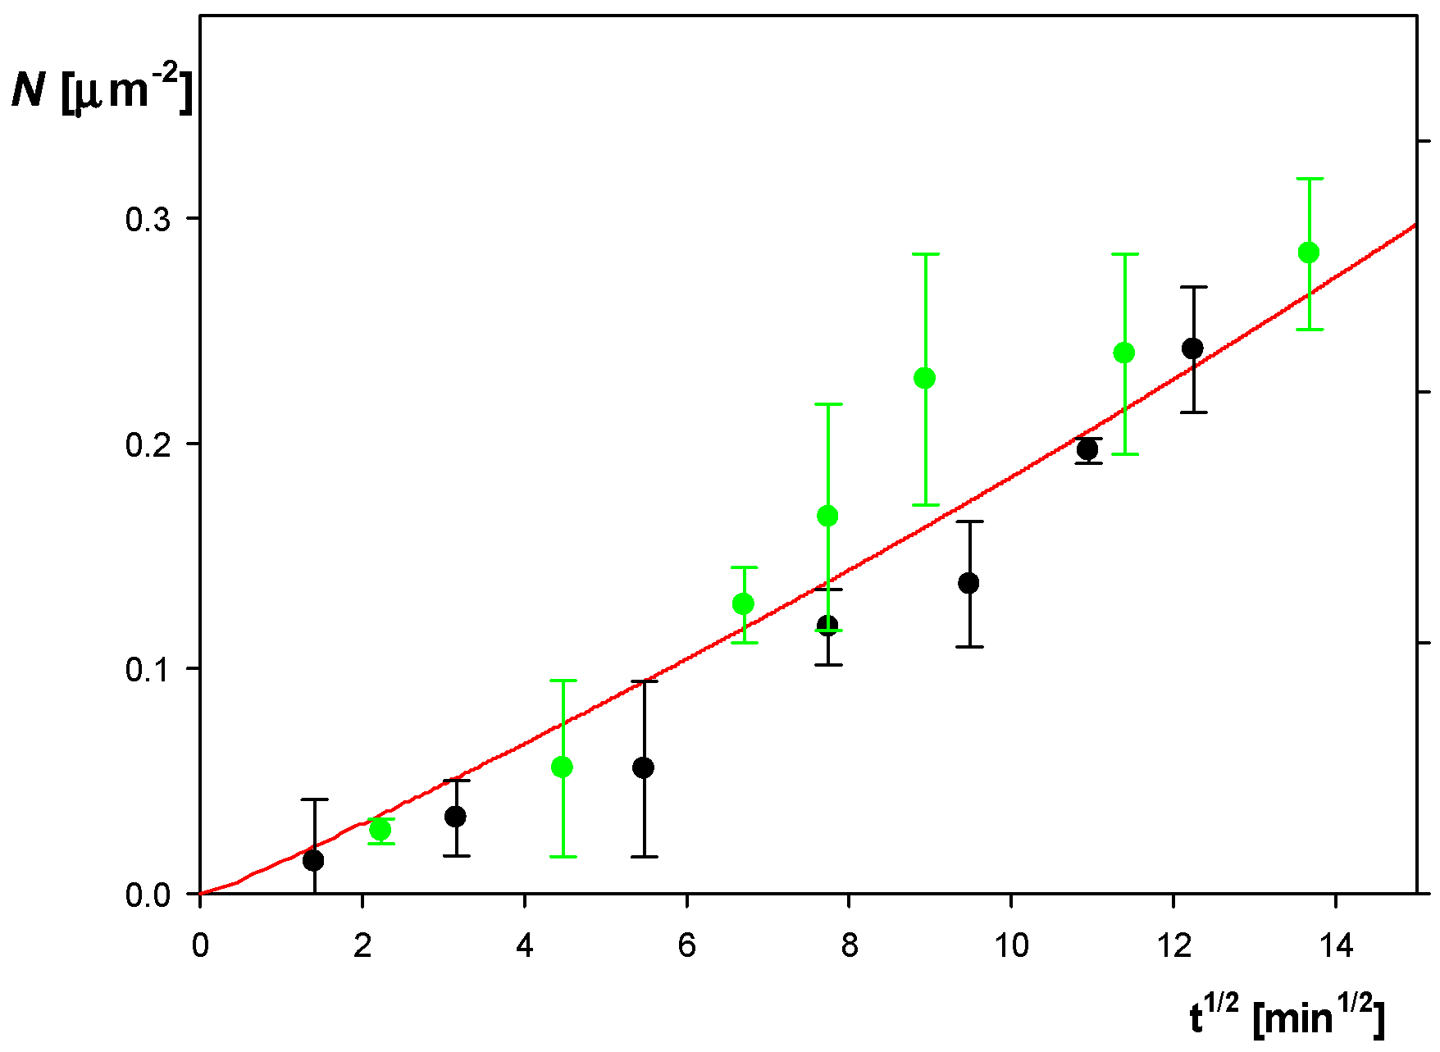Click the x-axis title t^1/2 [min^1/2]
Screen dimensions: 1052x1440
[x=1287, y=1018]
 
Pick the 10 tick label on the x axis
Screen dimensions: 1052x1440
[x=1011, y=946]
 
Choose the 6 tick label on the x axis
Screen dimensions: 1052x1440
[x=687, y=946]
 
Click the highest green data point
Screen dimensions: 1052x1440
[x=1309, y=253]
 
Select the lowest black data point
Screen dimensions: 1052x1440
[x=313, y=860]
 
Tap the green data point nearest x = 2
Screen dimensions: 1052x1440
[x=381, y=830]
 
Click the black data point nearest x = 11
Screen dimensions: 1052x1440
[x=1087, y=449]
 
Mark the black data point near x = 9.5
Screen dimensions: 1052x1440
[x=968, y=583]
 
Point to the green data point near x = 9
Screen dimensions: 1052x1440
[x=924, y=378]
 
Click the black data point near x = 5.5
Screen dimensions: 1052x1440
[x=644, y=767]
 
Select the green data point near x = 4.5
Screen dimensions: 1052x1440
[x=563, y=767]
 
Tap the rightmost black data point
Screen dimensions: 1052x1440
[x=1192, y=348]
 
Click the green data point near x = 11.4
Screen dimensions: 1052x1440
[x=1124, y=353]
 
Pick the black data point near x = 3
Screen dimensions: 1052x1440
[x=455, y=817]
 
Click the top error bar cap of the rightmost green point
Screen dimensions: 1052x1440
[x=1309, y=179]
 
